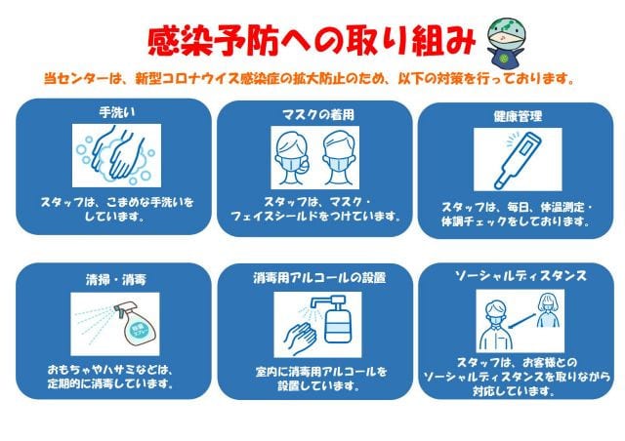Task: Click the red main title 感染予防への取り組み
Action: (x=312, y=41)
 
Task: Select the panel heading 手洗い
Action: (x=117, y=113)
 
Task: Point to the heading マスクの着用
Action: (x=318, y=115)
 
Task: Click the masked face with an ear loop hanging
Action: (x=293, y=158)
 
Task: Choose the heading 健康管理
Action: (x=518, y=116)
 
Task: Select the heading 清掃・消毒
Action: (x=116, y=280)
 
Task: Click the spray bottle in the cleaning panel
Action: (x=136, y=323)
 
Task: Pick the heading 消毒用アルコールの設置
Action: (x=319, y=278)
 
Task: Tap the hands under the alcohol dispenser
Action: (x=300, y=339)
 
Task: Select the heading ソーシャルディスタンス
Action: (x=521, y=275)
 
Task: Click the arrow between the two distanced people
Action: (x=522, y=321)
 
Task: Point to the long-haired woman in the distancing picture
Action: (x=549, y=310)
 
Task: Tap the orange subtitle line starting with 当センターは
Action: (x=310, y=78)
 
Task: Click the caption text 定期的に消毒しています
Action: (x=110, y=384)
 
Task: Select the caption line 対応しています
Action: (x=514, y=391)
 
